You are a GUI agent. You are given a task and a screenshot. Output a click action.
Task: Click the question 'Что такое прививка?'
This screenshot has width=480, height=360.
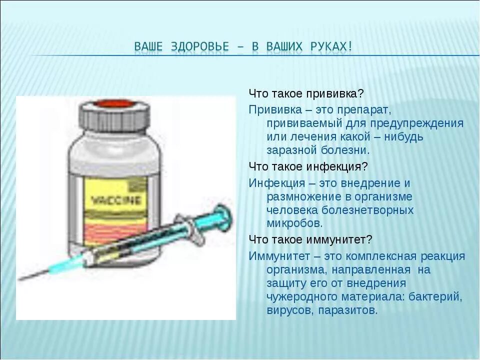306,94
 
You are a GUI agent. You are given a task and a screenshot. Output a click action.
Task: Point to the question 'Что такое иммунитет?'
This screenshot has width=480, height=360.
310,239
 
